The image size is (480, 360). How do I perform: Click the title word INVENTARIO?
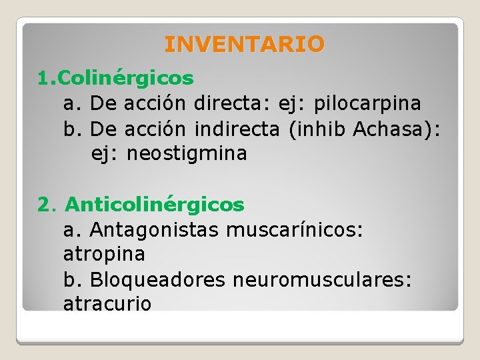point(244,45)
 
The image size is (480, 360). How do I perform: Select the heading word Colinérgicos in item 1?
point(126,79)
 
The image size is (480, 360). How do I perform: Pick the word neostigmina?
point(187,153)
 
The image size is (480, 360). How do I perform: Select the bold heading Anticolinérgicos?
point(155,204)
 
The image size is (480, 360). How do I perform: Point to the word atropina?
point(104,254)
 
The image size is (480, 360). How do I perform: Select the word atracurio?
point(107,304)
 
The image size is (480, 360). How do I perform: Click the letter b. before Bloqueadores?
point(73,279)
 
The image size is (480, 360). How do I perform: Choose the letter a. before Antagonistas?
point(73,229)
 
